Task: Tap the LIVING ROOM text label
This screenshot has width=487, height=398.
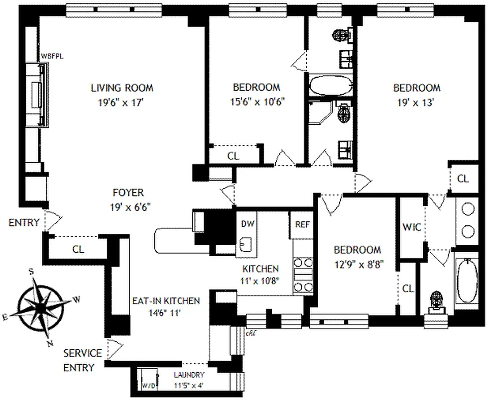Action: [122, 88]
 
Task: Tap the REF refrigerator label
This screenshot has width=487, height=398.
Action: [302, 224]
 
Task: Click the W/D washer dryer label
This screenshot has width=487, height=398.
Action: [148, 385]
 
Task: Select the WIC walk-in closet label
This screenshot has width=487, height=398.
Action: [412, 227]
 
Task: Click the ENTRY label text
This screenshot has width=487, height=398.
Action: [23, 223]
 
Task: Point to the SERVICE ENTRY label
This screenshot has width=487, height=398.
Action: [83, 360]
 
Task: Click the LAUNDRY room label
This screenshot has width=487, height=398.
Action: [189, 375]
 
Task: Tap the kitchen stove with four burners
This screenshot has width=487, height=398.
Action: [303, 275]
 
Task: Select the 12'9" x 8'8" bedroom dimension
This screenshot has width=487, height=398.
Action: [357, 263]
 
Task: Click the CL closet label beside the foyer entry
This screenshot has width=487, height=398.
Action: [78, 249]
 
